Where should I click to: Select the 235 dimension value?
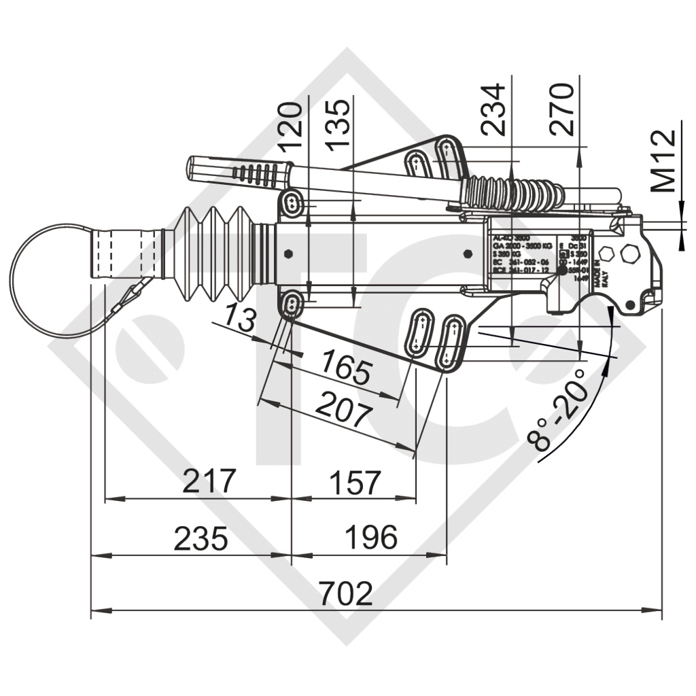(x=201, y=539)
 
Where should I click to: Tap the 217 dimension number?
(x=209, y=482)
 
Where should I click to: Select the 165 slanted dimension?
(x=346, y=368)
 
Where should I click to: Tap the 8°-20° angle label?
(x=559, y=411)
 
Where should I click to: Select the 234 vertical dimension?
(x=491, y=109)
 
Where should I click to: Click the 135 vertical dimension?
(x=338, y=125)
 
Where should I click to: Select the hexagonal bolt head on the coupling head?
(x=628, y=254)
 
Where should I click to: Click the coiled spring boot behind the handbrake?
(x=513, y=194)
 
